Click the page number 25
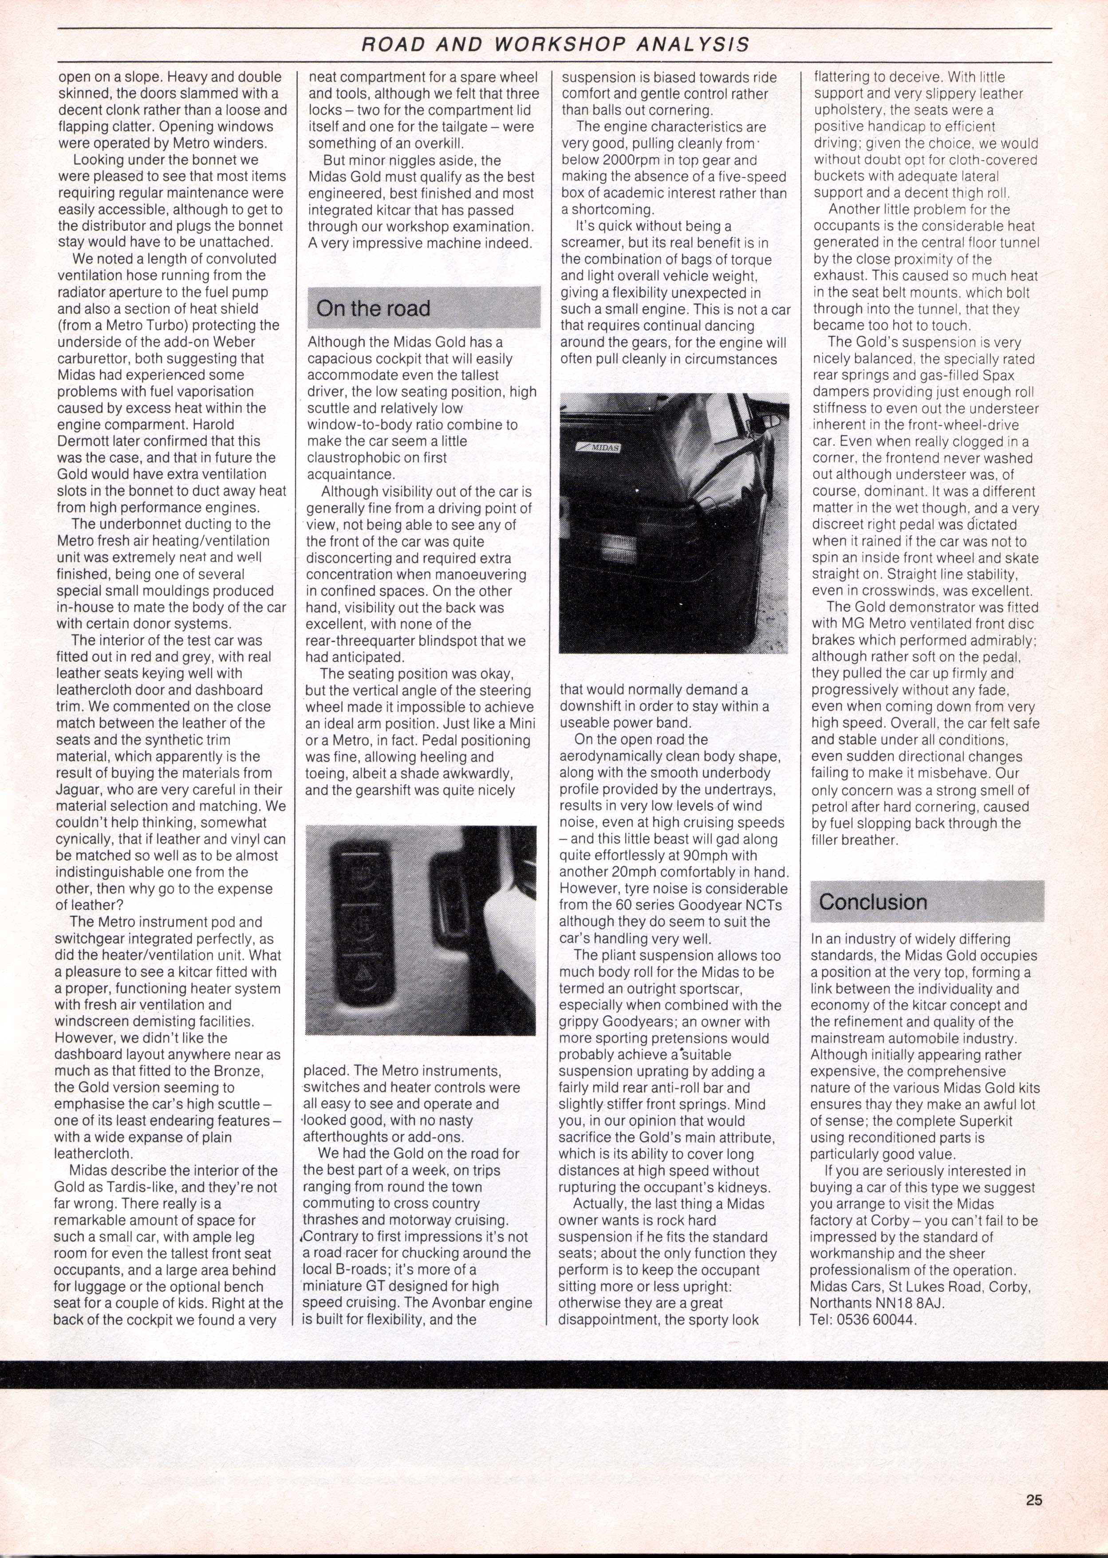click(1033, 1499)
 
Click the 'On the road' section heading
click(373, 309)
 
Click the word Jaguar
click(80, 789)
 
